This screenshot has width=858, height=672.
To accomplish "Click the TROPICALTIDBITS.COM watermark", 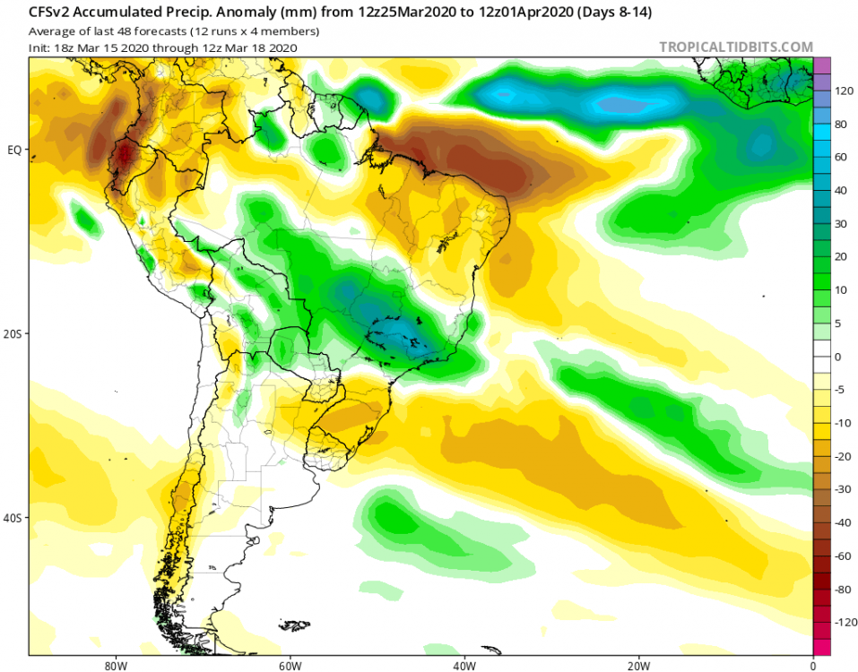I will [735, 47].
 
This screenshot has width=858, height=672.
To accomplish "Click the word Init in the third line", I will [40, 47].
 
